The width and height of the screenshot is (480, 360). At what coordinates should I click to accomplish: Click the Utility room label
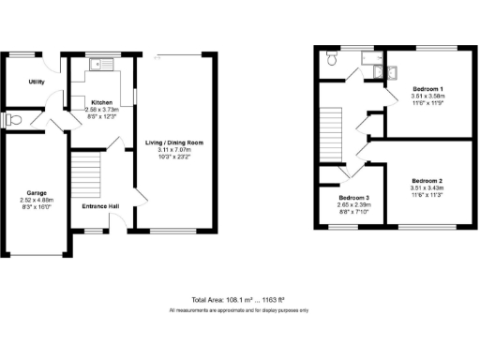pyautogui.click(x=37, y=82)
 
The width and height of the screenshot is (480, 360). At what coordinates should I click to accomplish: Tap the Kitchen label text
pyautogui.click(x=102, y=102)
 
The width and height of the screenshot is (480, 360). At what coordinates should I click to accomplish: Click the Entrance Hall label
pyautogui.click(x=99, y=207)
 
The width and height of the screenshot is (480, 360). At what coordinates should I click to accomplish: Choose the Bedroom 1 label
pyautogui.click(x=427, y=89)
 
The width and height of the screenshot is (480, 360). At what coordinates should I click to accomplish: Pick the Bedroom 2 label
pyautogui.click(x=427, y=179)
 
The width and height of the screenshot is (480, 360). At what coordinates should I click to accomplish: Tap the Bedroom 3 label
pyautogui.click(x=353, y=199)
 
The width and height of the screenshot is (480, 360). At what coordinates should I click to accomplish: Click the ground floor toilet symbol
pyautogui.click(x=12, y=119)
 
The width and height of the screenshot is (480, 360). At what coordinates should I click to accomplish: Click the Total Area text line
pyautogui.click(x=239, y=299)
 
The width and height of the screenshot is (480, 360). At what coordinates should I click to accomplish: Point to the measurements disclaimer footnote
pyautogui.click(x=239, y=309)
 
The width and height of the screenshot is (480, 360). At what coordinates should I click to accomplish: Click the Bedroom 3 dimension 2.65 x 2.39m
pyautogui.click(x=353, y=206)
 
